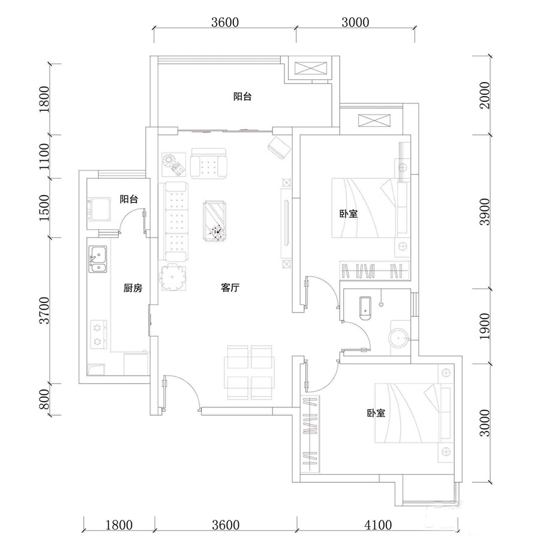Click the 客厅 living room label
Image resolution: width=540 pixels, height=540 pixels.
click(230, 287)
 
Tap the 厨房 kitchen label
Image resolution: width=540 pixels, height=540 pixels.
click(133, 287)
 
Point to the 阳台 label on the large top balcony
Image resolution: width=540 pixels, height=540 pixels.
click(242, 97)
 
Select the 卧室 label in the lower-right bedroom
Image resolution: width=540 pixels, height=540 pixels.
click(376, 413)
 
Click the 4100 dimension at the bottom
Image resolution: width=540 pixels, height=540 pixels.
click(378, 525)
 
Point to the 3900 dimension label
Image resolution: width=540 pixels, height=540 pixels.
click(485, 211)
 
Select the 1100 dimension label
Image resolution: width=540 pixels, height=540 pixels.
click(44, 157)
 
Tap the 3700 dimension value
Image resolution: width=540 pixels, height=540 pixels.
click(44, 311)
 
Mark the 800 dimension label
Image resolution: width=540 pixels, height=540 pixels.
click(44, 399)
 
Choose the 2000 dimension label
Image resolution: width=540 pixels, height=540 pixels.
click(485, 95)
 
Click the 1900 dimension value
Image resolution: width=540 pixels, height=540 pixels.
click(485, 326)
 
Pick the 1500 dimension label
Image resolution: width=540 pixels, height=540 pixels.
click(44, 208)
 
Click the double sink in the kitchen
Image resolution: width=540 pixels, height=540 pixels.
click(98, 259)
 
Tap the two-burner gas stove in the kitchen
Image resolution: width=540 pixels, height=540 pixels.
click(98, 334)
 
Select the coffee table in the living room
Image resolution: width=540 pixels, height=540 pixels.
click(215, 221)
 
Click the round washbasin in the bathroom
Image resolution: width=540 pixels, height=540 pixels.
click(399, 338)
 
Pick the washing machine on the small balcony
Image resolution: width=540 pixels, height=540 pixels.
click(99, 209)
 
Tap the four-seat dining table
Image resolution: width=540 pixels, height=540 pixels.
click(250, 373)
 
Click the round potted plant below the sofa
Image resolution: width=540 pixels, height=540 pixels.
click(173, 277)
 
